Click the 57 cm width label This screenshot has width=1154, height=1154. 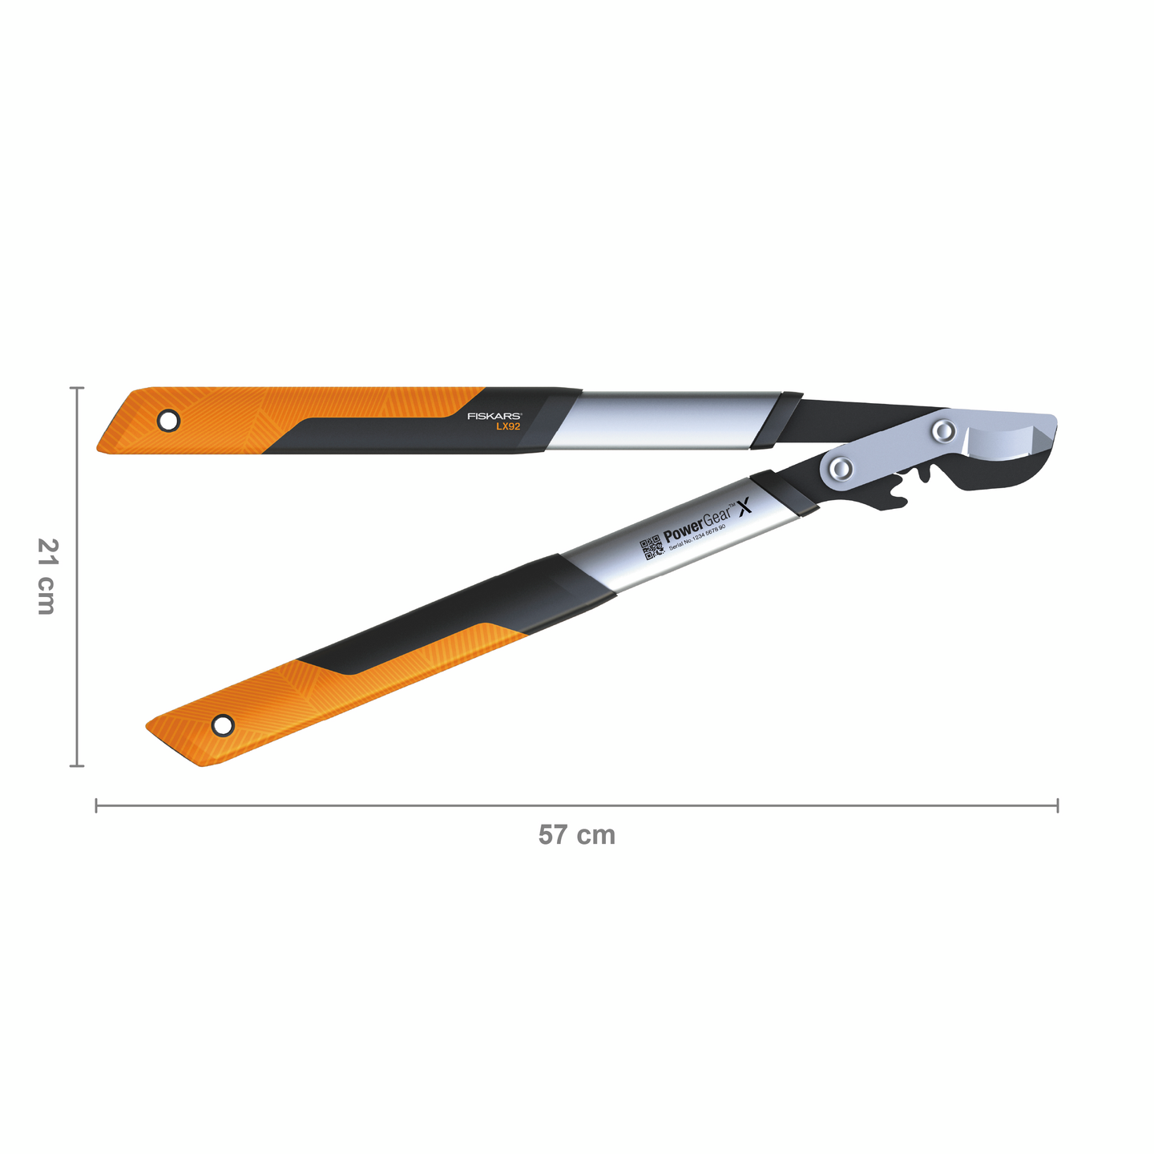coord(576,835)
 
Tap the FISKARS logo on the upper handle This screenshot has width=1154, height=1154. coord(494,417)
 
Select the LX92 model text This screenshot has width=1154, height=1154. coord(507,427)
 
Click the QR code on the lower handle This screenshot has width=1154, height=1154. coord(652,549)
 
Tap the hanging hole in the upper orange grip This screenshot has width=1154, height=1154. coord(168,420)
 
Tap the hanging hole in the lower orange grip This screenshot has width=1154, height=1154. coord(223,726)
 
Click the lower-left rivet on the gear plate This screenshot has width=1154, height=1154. coord(841,468)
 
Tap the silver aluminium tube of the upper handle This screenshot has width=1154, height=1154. coord(665,420)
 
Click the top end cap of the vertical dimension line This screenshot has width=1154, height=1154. coord(77,388)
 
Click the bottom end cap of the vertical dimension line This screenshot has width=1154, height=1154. coord(77,766)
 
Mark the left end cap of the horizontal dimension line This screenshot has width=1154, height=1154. coord(96,805)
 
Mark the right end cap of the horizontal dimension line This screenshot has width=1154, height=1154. coord(1058,805)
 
